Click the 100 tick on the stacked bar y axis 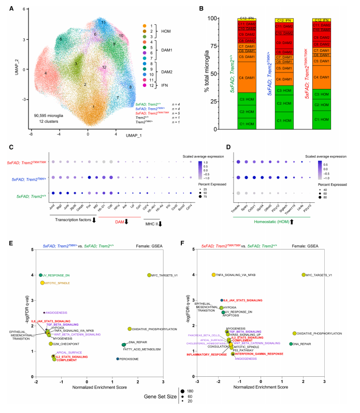[210, 19]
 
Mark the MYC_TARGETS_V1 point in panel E [149, 275]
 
